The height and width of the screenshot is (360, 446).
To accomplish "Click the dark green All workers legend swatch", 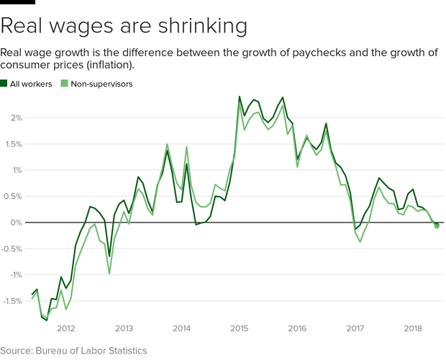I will (x=4, y=84).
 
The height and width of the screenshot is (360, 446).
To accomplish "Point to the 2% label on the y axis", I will (x=16, y=118).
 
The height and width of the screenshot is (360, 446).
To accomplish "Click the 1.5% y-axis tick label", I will (x=13, y=144).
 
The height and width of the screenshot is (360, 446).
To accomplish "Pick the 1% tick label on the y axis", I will (x=16, y=171).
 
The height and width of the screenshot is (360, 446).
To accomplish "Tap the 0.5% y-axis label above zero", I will (x=13, y=197).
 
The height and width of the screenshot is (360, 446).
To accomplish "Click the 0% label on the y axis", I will (x=16, y=222).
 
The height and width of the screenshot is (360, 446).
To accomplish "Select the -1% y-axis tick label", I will (x=14, y=275).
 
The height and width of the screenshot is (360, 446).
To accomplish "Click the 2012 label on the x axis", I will (x=66, y=328).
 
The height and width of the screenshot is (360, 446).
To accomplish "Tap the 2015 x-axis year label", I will (x=240, y=328).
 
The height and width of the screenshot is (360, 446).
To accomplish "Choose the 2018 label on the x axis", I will (x=413, y=328).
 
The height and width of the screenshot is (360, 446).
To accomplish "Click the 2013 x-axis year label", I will (x=124, y=328).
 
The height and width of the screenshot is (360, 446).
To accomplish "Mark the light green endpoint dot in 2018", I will (x=437, y=227).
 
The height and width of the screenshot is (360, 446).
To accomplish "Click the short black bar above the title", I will (x=17, y=2).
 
